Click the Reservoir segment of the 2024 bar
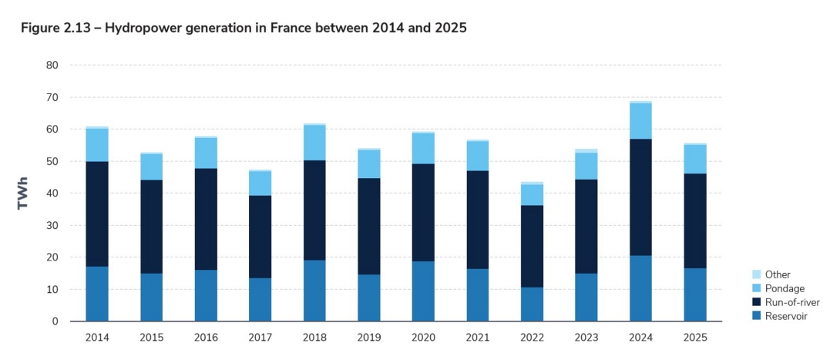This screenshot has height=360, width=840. click(x=640, y=288)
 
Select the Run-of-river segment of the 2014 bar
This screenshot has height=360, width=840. click(x=97, y=214)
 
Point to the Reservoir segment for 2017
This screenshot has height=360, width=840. click(x=260, y=299)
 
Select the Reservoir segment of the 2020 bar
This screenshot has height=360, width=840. click(x=423, y=291)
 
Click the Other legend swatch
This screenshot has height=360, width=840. click(x=756, y=274)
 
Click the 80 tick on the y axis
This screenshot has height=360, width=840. click(x=52, y=66)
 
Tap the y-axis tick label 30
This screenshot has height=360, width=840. click(x=52, y=225)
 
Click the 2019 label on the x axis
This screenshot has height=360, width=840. click(x=368, y=338)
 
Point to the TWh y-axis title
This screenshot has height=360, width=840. click(x=24, y=193)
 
